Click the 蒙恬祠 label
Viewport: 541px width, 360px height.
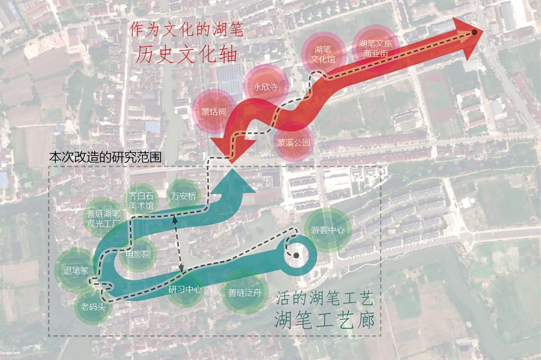(x=214, y=112)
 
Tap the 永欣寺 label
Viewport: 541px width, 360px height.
(x=265, y=87)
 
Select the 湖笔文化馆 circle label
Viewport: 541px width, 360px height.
(x=323, y=55)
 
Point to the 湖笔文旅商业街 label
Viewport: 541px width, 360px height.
(x=375, y=48)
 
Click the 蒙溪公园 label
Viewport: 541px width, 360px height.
(x=294, y=143)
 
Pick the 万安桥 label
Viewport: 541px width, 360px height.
(x=184, y=197)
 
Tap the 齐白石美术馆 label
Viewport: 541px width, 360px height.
(x=141, y=201)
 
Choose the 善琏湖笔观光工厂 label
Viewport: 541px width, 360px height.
(x=103, y=219)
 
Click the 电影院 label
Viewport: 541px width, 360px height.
(x=138, y=255)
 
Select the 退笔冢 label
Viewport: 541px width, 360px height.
(x=76, y=270)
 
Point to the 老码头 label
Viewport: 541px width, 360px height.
(x=93, y=306)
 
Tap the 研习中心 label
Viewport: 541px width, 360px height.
(x=185, y=290)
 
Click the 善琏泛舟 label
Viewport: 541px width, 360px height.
(x=245, y=293)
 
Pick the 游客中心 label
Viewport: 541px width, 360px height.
(x=328, y=230)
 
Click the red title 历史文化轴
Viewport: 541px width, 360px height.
(x=187, y=54)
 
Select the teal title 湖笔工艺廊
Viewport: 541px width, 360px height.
(x=325, y=321)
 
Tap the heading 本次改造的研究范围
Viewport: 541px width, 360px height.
(x=105, y=157)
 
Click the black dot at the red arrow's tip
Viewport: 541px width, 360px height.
(x=475, y=33)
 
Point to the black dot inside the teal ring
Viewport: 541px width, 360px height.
(x=296, y=256)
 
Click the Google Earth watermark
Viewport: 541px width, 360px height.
(x=10, y=353)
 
